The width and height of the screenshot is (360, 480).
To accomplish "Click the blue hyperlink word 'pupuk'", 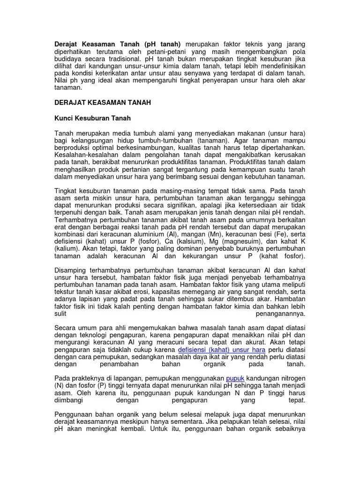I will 235,378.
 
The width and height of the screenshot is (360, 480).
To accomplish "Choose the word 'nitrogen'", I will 290,378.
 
